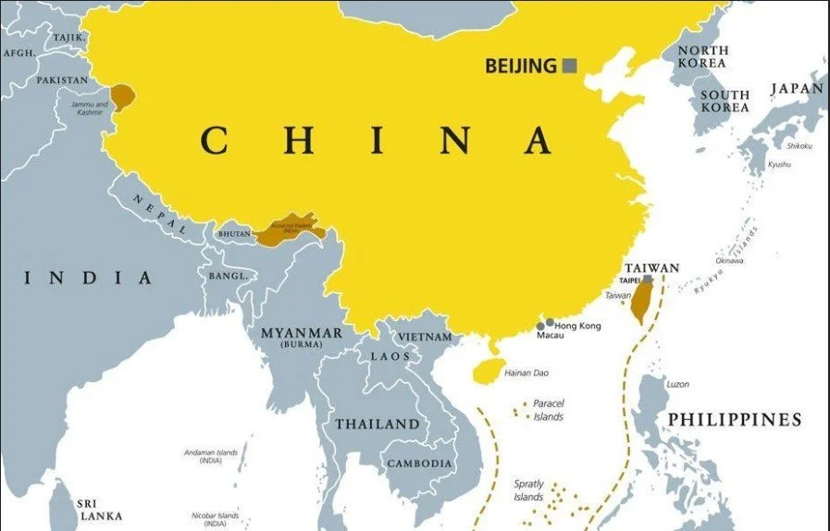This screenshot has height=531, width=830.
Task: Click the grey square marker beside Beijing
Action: click(571, 65)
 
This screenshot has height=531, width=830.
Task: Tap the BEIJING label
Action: click(521, 66)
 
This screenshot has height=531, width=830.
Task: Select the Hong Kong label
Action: click(577, 326)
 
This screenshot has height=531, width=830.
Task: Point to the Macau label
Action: click(550, 336)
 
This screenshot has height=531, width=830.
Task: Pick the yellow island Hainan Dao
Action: click(484, 370)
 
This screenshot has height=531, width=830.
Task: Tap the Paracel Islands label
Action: click(549, 410)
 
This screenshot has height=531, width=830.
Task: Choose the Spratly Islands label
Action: click(529, 490)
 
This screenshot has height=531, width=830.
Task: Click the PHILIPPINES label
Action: click(735, 420)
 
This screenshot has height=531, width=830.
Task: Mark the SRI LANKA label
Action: click(100, 508)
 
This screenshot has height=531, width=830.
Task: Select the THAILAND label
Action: click(377, 425)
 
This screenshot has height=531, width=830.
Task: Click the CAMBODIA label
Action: click(419, 463)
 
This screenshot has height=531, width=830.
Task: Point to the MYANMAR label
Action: click(302, 333)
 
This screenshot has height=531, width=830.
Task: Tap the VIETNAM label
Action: click(426, 338)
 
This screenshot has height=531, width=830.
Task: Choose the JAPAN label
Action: click(797, 89)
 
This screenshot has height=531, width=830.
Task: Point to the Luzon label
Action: click(677, 384)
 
